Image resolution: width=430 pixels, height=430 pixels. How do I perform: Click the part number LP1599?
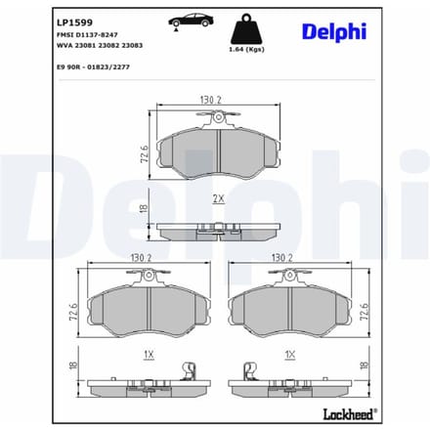point(74,22)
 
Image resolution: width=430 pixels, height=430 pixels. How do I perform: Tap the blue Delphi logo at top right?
point(334,32)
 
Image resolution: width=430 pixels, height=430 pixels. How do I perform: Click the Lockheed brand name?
point(350,414)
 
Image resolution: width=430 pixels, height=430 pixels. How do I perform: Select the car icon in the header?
point(191,21)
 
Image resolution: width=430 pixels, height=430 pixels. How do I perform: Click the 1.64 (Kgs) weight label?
point(246,49)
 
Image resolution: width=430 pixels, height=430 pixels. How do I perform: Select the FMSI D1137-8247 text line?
point(87,34)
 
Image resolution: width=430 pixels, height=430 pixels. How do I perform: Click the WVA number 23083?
point(132,45)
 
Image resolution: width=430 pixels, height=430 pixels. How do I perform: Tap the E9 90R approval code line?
point(93,67)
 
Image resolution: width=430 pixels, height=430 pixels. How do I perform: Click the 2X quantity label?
point(219,198)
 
